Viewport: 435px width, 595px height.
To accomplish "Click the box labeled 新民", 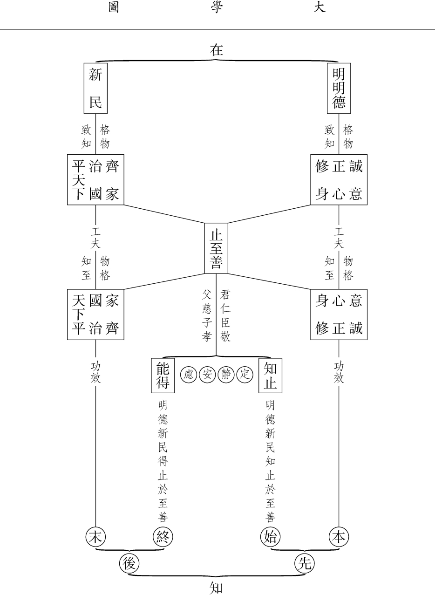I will [x=95, y=89].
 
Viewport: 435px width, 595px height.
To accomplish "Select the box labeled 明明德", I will [x=339, y=89].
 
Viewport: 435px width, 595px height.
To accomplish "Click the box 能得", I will [x=163, y=375].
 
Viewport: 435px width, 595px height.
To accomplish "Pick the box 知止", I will [x=271, y=375].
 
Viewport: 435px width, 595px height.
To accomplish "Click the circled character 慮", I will [x=189, y=374].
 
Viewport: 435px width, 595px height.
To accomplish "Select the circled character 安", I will [x=207, y=374].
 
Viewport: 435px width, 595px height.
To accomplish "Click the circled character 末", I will [x=95, y=537].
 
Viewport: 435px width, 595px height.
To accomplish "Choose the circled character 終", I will [x=163, y=537].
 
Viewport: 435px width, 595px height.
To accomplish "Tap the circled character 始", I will [x=271, y=537].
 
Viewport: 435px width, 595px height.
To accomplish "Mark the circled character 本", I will [x=339, y=537].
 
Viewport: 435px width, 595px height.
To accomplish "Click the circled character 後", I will [x=129, y=564].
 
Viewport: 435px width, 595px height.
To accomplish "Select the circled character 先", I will [x=305, y=564].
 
